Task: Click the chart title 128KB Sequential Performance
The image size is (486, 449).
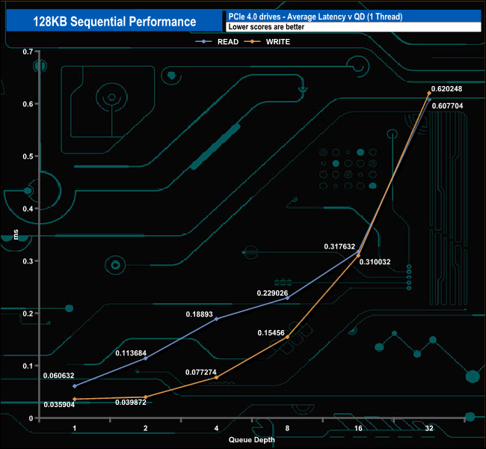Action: coord(114,22)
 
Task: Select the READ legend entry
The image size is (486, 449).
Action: coord(217,42)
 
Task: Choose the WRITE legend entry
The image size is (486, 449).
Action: coord(267,42)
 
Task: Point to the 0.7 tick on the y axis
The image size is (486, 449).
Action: coord(28,52)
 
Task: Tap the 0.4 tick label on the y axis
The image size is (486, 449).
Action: coord(28,209)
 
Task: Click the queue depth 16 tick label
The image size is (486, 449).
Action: coord(358,428)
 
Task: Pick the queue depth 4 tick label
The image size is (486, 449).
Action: coord(216,428)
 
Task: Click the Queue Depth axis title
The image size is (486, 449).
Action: coord(252,439)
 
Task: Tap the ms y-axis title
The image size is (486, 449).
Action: coord(16,234)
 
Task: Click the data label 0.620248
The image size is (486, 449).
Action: coord(446,89)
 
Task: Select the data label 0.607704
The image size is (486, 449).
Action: coord(447,106)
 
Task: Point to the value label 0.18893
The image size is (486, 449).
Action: coord(200,314)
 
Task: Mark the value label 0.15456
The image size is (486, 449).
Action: coord(271,333)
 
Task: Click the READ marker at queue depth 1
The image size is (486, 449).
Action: coord(74,386)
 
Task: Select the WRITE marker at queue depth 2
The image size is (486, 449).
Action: coord(146,397)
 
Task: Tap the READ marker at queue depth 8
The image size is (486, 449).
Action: coord(287,298)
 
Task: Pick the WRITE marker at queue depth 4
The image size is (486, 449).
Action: coord(216,377)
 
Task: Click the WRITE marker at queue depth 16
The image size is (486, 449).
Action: coord(358,255)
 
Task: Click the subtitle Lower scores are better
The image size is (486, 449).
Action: coord(266,27)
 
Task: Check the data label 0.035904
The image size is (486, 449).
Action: coord(59,405)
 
